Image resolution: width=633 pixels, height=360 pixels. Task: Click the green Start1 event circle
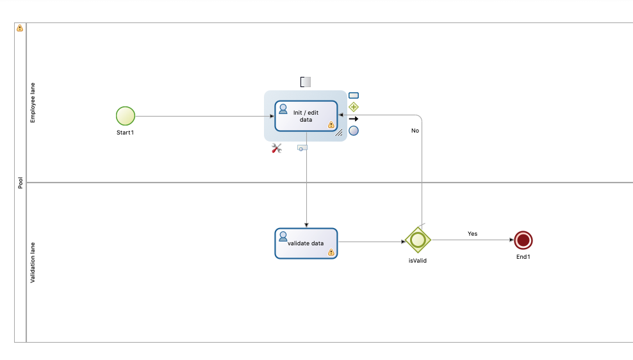click(126, 116)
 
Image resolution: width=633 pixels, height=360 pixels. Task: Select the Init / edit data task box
click(306, 116)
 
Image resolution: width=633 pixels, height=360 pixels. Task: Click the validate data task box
click(306, 243)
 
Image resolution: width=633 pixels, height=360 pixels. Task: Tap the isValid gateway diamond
click(418, 240)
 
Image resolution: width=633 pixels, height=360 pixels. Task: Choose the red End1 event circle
click(523, 240)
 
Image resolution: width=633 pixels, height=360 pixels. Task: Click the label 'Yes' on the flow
click(472, 234)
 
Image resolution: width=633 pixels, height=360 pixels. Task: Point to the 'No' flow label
click(415, 131)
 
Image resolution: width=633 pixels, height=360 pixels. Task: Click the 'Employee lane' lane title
click(33, 103)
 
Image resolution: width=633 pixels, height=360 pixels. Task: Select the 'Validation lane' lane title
click(33, 263)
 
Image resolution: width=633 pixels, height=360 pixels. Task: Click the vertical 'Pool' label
click(21, 183)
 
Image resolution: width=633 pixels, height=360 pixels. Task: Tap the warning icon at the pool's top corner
click(20, 28)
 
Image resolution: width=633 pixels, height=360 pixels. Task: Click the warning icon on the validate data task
click(331, 252)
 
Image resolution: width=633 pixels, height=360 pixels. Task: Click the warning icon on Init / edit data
click(331, 125)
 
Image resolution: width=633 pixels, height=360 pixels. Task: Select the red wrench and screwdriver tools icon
click(277, 149)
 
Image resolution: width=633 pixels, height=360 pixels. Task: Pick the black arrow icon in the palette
click(354, 119)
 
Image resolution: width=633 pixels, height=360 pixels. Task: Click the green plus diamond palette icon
click(354, 107)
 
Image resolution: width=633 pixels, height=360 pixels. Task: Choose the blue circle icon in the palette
click(354, 131)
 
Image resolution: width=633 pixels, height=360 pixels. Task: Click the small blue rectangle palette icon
click(354, 95)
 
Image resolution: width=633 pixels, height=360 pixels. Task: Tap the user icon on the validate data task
click(283, 236)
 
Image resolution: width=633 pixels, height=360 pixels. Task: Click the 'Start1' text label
click(125, 133)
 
